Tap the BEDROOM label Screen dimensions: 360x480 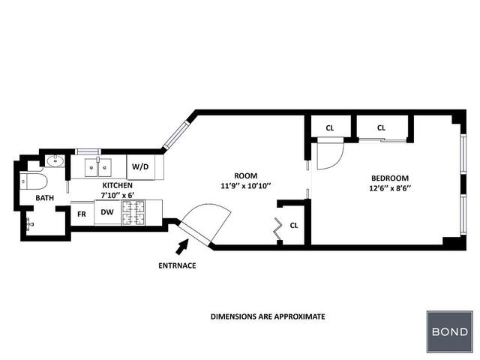(x=390, y=178)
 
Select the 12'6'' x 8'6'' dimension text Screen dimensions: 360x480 (x=390, y=188)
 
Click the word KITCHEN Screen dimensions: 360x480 (x=118, y=185)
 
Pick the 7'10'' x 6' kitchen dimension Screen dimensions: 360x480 (x=118, y=195)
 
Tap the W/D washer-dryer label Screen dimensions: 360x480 (x=140, y=166)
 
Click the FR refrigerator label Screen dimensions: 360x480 (x=82, y=214)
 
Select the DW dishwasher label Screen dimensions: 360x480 (x=107, y=213)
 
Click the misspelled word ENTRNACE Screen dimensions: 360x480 (x=177, y=265)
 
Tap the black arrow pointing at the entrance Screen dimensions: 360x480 (x=181, y=244)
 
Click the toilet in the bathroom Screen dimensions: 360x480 (x=34, y=181)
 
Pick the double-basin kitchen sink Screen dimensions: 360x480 (x=97, y=166)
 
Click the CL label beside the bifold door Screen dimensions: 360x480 (x=294, y=225)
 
